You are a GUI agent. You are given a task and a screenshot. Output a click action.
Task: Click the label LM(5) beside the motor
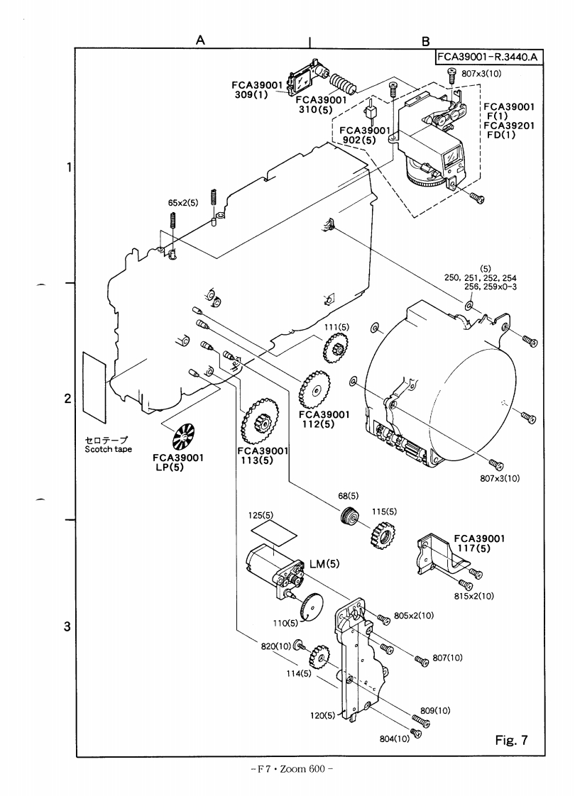pos(324,564)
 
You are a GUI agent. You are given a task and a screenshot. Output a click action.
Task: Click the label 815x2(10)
pos(473,597)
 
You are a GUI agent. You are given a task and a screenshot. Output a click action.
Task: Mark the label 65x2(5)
pos(182,203)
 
